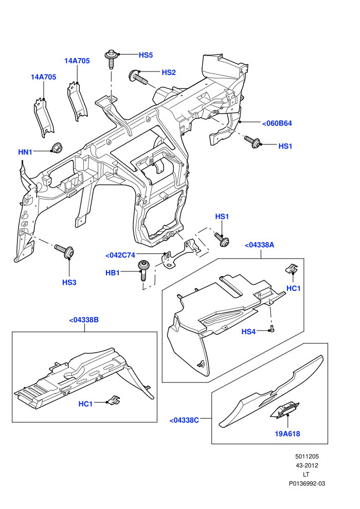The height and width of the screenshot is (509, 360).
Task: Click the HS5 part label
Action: coord(146,55)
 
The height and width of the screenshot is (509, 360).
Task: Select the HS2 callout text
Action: coord(169,72)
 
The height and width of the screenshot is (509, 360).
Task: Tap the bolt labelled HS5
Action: coord(111,59)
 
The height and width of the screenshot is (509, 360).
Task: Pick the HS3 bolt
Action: coord(65,251)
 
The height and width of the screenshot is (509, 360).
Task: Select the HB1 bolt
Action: coord(143,270)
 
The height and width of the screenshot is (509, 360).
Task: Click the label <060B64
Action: coord(277,123)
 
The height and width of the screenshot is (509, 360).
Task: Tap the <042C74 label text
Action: coord(120,256)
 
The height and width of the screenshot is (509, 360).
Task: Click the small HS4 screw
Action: coord(272,329)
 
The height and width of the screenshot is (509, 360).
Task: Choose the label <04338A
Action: coord(259,245)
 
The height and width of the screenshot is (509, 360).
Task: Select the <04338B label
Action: coord(84,320)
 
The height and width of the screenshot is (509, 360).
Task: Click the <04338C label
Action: coord(184,421)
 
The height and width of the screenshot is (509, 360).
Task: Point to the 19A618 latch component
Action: coord(285,409)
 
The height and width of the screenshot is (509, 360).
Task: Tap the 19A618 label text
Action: coord(287,434)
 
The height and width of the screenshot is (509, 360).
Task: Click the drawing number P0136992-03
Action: coord(307,483)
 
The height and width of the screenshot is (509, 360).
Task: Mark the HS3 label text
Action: coord(69,283)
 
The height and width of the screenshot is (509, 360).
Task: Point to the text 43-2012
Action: coord(307,465)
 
